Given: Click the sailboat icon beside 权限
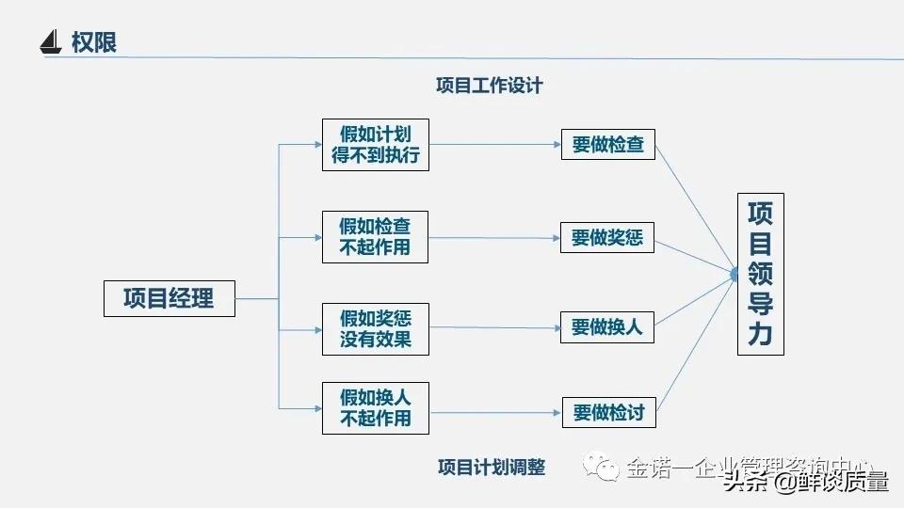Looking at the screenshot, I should point(51,42).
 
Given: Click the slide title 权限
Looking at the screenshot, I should point(94,42).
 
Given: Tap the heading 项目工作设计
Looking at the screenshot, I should point(489,86).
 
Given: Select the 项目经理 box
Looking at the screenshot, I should point(169,298).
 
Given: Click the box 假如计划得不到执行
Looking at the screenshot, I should point(375,145).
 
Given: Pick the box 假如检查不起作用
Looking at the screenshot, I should point(375,236).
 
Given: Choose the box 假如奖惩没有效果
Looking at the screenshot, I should point(375,328).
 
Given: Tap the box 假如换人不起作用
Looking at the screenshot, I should point(375,407).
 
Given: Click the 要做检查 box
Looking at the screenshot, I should point(607,145).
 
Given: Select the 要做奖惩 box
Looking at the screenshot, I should point(607,237).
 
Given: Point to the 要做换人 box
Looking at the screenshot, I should point(607,327).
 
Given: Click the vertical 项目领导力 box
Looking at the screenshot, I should point(760,274).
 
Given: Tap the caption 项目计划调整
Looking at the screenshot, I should point(491,468).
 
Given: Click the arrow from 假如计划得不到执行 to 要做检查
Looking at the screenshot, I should point(495,145).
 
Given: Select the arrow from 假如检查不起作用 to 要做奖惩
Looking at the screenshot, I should point(494,237).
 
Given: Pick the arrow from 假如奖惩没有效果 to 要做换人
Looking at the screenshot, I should point(494,327).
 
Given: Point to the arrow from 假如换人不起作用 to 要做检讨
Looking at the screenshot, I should point(495,411).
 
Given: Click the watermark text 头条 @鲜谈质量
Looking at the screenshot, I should point(806,483).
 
